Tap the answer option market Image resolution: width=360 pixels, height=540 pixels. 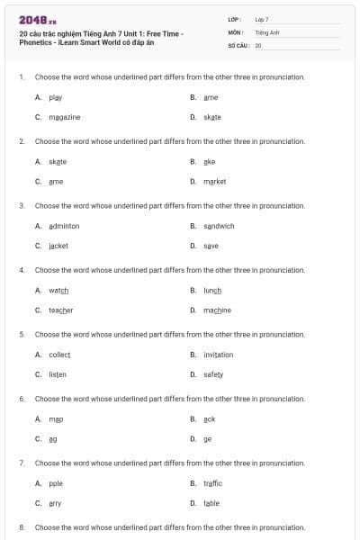214,181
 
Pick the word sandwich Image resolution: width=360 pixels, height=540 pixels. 219,226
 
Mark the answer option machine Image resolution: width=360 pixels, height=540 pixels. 217,310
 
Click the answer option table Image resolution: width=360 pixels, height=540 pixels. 211,503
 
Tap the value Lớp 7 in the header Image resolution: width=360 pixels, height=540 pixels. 262,19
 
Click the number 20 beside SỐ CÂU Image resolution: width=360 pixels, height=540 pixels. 258,44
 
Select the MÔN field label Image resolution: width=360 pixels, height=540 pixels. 235,31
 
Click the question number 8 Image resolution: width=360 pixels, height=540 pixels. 21,526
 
